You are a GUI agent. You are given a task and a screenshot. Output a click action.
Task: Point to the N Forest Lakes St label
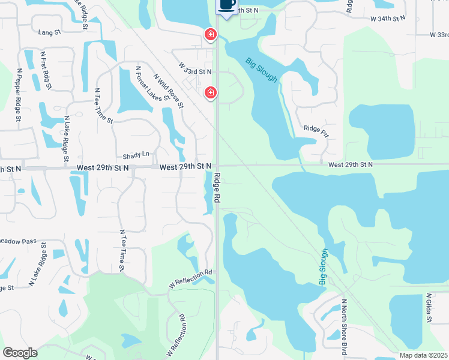pos(142,86)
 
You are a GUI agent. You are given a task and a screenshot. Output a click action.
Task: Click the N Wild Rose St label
pos(169,91)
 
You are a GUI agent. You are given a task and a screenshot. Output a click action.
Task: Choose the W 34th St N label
pos(389,19)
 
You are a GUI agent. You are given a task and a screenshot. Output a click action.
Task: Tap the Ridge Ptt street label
pos(316,128)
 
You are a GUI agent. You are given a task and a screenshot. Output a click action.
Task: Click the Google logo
pos(20,353)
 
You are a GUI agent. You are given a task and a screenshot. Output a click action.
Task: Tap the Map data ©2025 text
pos(423,355)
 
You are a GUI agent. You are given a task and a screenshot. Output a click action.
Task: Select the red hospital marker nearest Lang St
pos(210,35)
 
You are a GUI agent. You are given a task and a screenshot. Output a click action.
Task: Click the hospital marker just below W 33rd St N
pos(210,92)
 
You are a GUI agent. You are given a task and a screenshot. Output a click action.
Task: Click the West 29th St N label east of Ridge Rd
pos(350,164)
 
